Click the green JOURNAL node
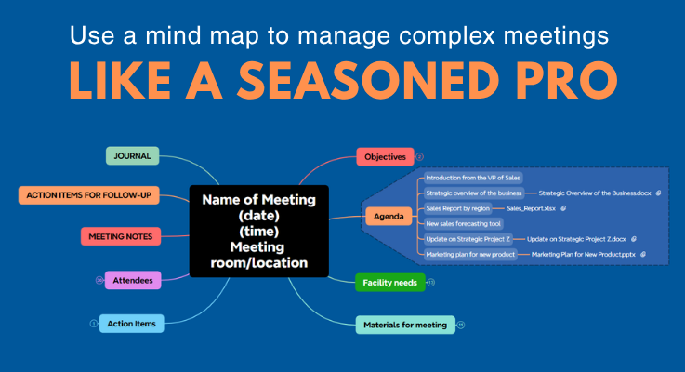tap(133, 155)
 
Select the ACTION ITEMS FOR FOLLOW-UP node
tap(89, 195)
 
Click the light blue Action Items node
tap(133, 323)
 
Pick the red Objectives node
tap(384, 157)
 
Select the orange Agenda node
tap(389, 217)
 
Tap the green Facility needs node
tap(389, 281)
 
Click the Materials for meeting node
tap(404, 325)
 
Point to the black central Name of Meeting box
tap(259, 231)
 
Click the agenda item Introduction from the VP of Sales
tap(473, 177)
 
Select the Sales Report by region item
tap(457, 208)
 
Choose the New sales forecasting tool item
tap(464, 223)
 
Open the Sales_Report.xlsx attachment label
tap(532, 208)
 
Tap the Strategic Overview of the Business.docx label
tap(595, 193)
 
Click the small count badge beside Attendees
tap(99, 279)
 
